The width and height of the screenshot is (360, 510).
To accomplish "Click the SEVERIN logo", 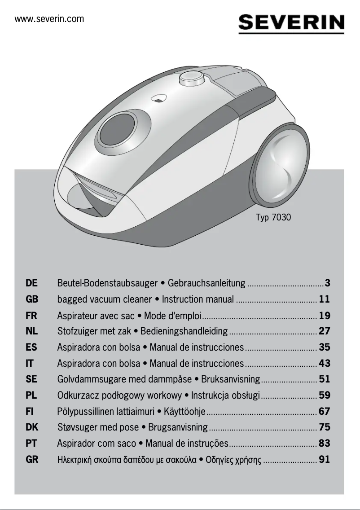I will tap(291, 23).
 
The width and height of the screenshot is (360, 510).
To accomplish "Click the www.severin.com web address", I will tap(49, 19).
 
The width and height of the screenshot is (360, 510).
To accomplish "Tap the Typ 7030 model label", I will tap(273, 218).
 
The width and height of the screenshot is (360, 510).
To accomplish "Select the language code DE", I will tap(32, 283).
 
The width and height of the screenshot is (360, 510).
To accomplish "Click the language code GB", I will tap(32, 299).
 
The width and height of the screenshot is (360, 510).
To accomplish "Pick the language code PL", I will tap(32, 396).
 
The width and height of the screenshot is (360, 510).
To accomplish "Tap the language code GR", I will tap(32, 460).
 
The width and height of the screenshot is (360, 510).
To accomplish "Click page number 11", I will tap(324, 299).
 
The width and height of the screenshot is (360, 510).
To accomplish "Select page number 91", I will tap(324, 460).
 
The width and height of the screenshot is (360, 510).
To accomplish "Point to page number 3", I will tap(328, 283).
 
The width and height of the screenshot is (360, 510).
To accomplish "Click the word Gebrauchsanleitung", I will tap(206, 283).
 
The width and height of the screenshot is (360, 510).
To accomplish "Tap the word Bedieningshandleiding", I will tap(184, 331).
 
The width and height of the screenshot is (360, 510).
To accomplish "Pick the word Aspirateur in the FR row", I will tap(76, 315).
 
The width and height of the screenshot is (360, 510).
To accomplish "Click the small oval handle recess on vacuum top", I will tap(158, 97).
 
